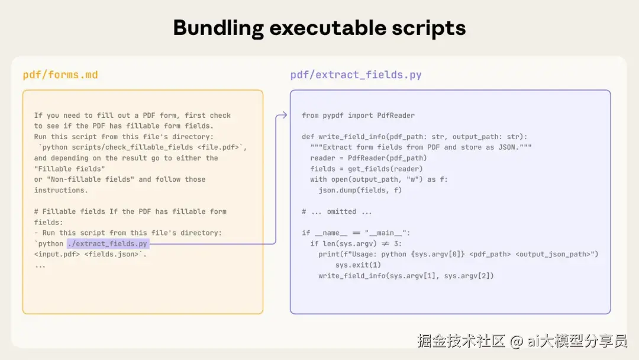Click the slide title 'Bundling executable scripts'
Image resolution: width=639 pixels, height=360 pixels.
[319, 28]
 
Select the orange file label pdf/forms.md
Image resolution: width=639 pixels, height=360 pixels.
[60, 75]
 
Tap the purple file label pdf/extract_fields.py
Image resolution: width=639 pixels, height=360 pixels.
[356, 75]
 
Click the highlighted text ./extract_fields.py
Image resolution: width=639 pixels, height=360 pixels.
[108, 243]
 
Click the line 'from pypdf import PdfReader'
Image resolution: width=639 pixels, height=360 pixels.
[358, 115]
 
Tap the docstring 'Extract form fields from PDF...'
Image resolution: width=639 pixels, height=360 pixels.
[421, 147]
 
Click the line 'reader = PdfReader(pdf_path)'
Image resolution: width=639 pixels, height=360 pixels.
[368, 158]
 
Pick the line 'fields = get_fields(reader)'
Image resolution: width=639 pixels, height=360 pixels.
[366, 169]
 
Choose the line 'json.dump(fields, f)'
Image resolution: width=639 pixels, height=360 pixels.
[360, 190]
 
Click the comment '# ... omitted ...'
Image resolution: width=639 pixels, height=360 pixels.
[337, 211]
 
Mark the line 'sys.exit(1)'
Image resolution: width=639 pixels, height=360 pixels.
[358, 265]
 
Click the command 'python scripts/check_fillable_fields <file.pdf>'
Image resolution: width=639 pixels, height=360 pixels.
[140, 147]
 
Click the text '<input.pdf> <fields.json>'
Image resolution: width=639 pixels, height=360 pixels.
[89, 254]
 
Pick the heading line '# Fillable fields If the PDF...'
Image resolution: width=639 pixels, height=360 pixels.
[130, 211]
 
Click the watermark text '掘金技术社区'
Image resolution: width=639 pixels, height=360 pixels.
[461, 341]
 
